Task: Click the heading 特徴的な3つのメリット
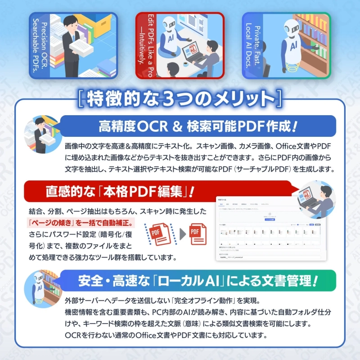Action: [x=180, y=98]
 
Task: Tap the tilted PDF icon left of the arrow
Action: [x=158, y=234]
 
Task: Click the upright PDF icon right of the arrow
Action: [x=197, y=234]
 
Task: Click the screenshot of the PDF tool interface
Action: [x=269, y=229]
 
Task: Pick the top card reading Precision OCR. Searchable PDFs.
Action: [x=73, y=45]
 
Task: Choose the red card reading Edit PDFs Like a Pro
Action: [x=180, y=45]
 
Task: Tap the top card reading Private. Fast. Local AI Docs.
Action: [x=287, y=45]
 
